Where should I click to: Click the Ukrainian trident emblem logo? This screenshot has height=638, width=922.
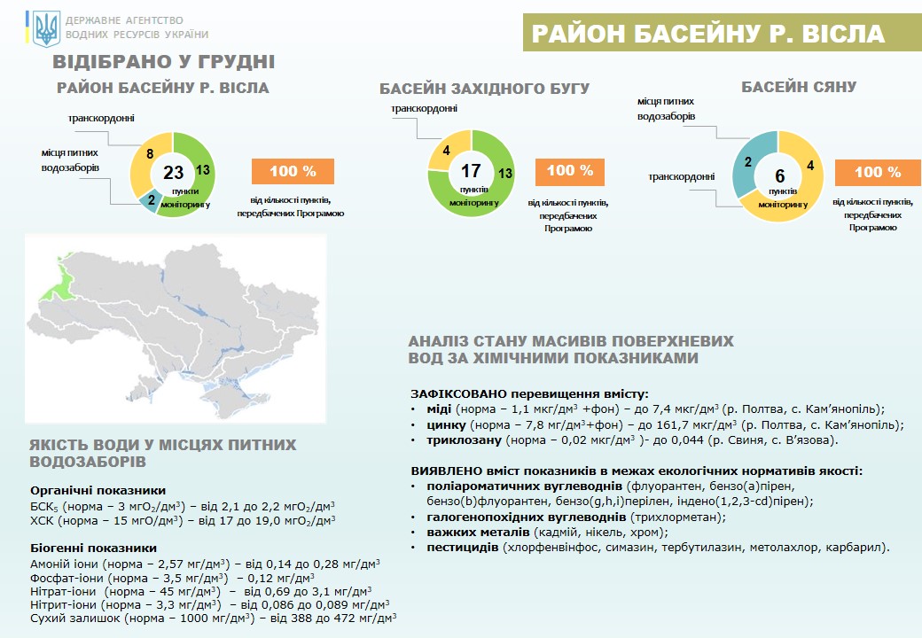(46, 28)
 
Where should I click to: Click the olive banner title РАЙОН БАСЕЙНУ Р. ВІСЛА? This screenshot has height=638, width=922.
(707, 34)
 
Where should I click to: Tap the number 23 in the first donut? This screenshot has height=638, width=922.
(173, 172)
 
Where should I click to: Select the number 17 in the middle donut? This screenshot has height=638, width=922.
(470, 170)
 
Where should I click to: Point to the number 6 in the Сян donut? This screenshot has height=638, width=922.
(780, 175)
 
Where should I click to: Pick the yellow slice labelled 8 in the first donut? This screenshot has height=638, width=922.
(142, 157)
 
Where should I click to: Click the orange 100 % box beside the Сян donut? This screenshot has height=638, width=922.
(878, 173)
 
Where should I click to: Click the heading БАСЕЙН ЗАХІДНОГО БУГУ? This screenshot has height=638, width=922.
(485, 89)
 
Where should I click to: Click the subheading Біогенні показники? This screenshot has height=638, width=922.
(93, 548)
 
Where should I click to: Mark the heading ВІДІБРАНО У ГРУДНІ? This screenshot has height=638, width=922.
(163, 62)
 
